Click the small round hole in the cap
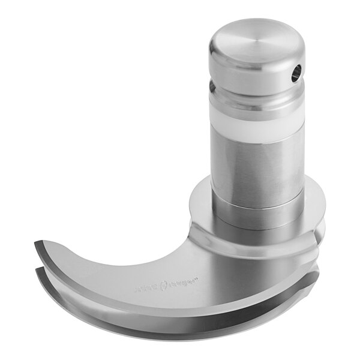(295, 74)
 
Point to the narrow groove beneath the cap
(255, 97)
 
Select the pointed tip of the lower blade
(37, 269)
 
